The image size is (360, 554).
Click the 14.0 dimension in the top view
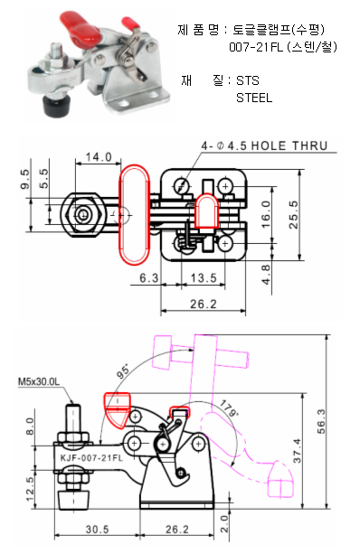pyautogui.click(x=99, y=157)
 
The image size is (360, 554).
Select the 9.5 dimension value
pyautogui.click(x=25, y=179)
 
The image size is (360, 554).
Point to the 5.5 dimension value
pyautogui.click(x=43, y=178)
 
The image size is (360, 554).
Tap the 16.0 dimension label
pyautogui.click(x=265, y=214)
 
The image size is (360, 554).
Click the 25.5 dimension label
pyautogui.click(x=293, y=215)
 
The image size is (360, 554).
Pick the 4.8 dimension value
pyautogui.click(x=266, y=275)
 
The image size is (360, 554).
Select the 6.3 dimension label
pyautogui.click(x=149, y=278)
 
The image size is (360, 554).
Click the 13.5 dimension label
pyautogui.click(x=204, y=278)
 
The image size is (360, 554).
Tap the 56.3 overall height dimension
pyautogui.click(x=321, y=421)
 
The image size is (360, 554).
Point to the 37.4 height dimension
pyautogui.click(x=297, y=451)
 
